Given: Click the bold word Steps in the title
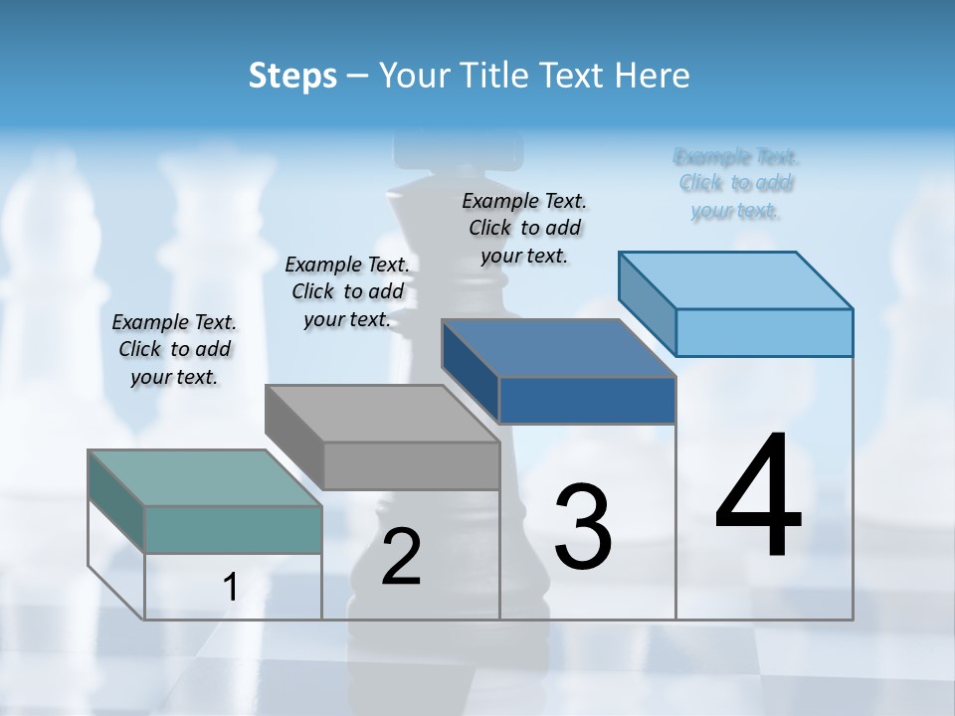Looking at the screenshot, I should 292,75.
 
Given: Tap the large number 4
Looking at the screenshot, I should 758,497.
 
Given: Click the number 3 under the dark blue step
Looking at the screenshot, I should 583,527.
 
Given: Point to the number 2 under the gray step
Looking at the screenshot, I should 402,557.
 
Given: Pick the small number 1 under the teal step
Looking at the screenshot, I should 231,588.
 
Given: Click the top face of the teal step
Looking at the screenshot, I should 204,478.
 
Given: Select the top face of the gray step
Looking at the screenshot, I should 381,414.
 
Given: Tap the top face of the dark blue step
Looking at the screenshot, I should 558,348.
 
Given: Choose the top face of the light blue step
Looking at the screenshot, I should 735,280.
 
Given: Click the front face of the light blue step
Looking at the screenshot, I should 764,332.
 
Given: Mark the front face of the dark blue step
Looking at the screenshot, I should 587,400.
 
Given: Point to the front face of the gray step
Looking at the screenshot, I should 411,465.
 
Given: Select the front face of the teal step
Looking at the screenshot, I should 233,529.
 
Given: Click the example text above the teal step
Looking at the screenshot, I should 174,349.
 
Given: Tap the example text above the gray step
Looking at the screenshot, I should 347,291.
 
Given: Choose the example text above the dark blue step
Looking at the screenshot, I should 524,228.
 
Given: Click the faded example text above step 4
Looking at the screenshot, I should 736,183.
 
